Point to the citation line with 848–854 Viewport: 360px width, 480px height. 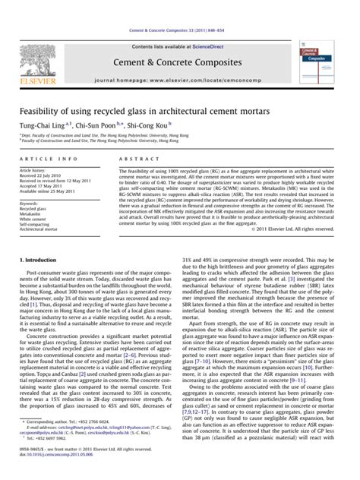[x=179, y=7]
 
